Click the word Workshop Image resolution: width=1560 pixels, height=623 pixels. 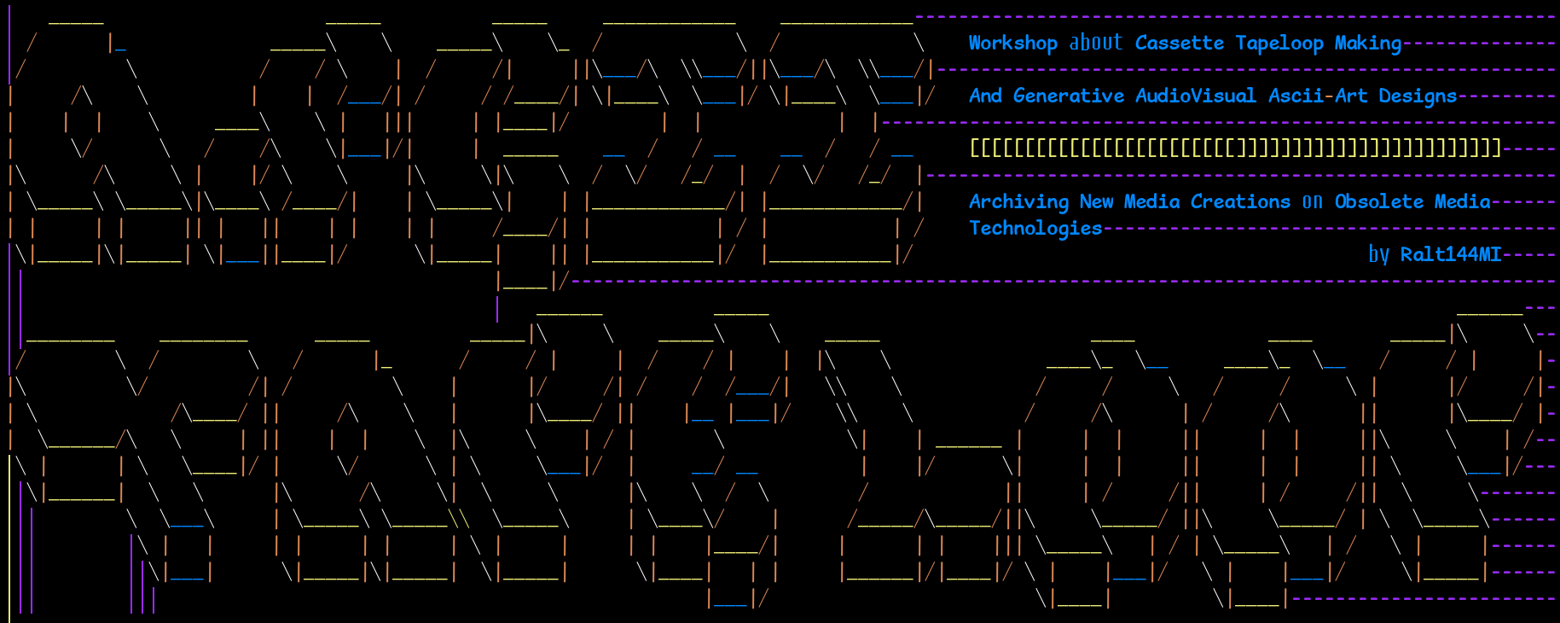coord(1012,43)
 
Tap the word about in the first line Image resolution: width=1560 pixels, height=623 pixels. coord(1096,43)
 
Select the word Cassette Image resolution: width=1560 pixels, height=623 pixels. coord(1179,43)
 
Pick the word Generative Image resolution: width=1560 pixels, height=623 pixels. coord(1068,96)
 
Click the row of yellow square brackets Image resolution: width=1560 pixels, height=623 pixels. coord(1235,148)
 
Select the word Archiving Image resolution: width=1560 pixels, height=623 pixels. coord(1018,201)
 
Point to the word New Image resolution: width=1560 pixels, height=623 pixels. coord(1096,201)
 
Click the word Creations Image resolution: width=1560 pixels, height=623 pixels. coord(1240,201)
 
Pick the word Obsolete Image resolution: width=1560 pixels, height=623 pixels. coord(1378,201)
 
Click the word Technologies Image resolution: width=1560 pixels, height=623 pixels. coord(1035,228)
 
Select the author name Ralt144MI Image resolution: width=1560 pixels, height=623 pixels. coord(1451,254)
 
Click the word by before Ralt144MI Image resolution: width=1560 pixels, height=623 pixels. coord(1378,254)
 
